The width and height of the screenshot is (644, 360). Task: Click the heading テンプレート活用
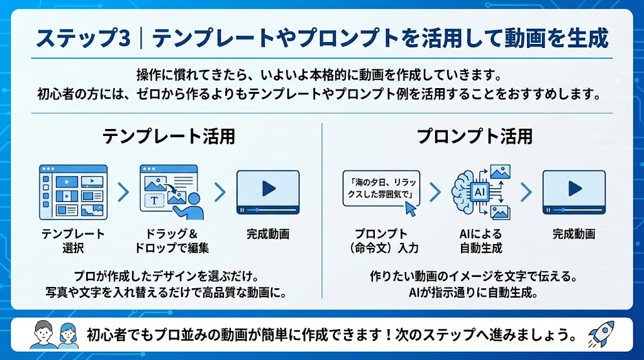point(169,136)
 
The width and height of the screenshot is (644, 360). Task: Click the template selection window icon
point(73,191)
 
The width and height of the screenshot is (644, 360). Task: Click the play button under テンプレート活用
point(268,189)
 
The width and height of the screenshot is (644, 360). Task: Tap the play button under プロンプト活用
point(574,189)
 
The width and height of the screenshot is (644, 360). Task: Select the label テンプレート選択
point(73,240)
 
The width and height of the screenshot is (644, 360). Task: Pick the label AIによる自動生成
point(480,240)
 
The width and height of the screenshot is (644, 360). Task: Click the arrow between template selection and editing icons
point(123,191)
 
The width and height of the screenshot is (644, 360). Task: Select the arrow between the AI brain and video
point(526,191)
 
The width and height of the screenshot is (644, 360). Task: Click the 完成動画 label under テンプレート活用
point(268,233)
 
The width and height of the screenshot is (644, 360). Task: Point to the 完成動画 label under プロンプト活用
point(574,233)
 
